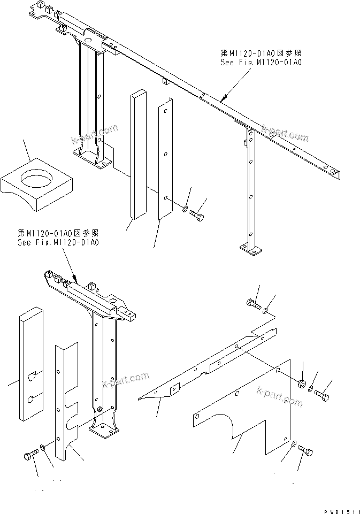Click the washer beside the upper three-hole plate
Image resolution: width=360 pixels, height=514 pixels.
185,209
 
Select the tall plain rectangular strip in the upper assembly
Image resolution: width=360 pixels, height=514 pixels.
137,155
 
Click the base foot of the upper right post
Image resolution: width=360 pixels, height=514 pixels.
251,249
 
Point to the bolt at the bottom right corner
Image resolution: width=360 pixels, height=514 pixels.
305,451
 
